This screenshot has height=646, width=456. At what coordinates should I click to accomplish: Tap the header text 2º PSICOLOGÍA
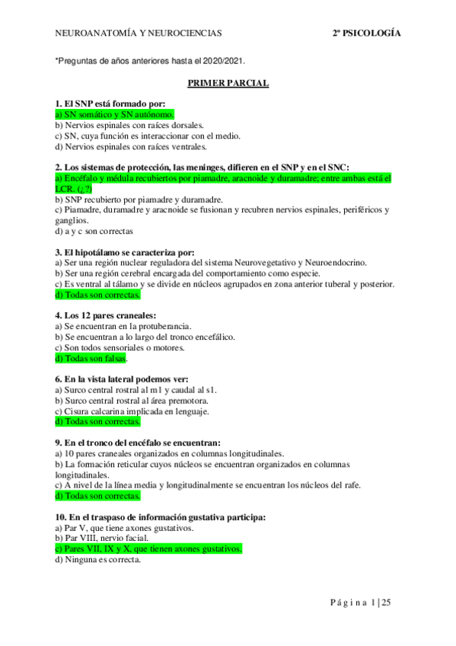[366, 34]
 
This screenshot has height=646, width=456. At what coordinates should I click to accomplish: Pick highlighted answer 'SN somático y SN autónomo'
[110, 114]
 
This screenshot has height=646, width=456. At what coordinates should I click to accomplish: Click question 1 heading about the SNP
[116, 104]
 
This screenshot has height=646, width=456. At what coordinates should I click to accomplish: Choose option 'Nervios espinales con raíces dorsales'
[129, 125]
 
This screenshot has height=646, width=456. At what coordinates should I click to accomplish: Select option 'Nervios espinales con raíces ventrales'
[131, 146]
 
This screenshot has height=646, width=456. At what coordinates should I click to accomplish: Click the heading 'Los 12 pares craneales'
[106, 315]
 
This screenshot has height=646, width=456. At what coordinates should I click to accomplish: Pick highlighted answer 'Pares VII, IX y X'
[148, 548]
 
